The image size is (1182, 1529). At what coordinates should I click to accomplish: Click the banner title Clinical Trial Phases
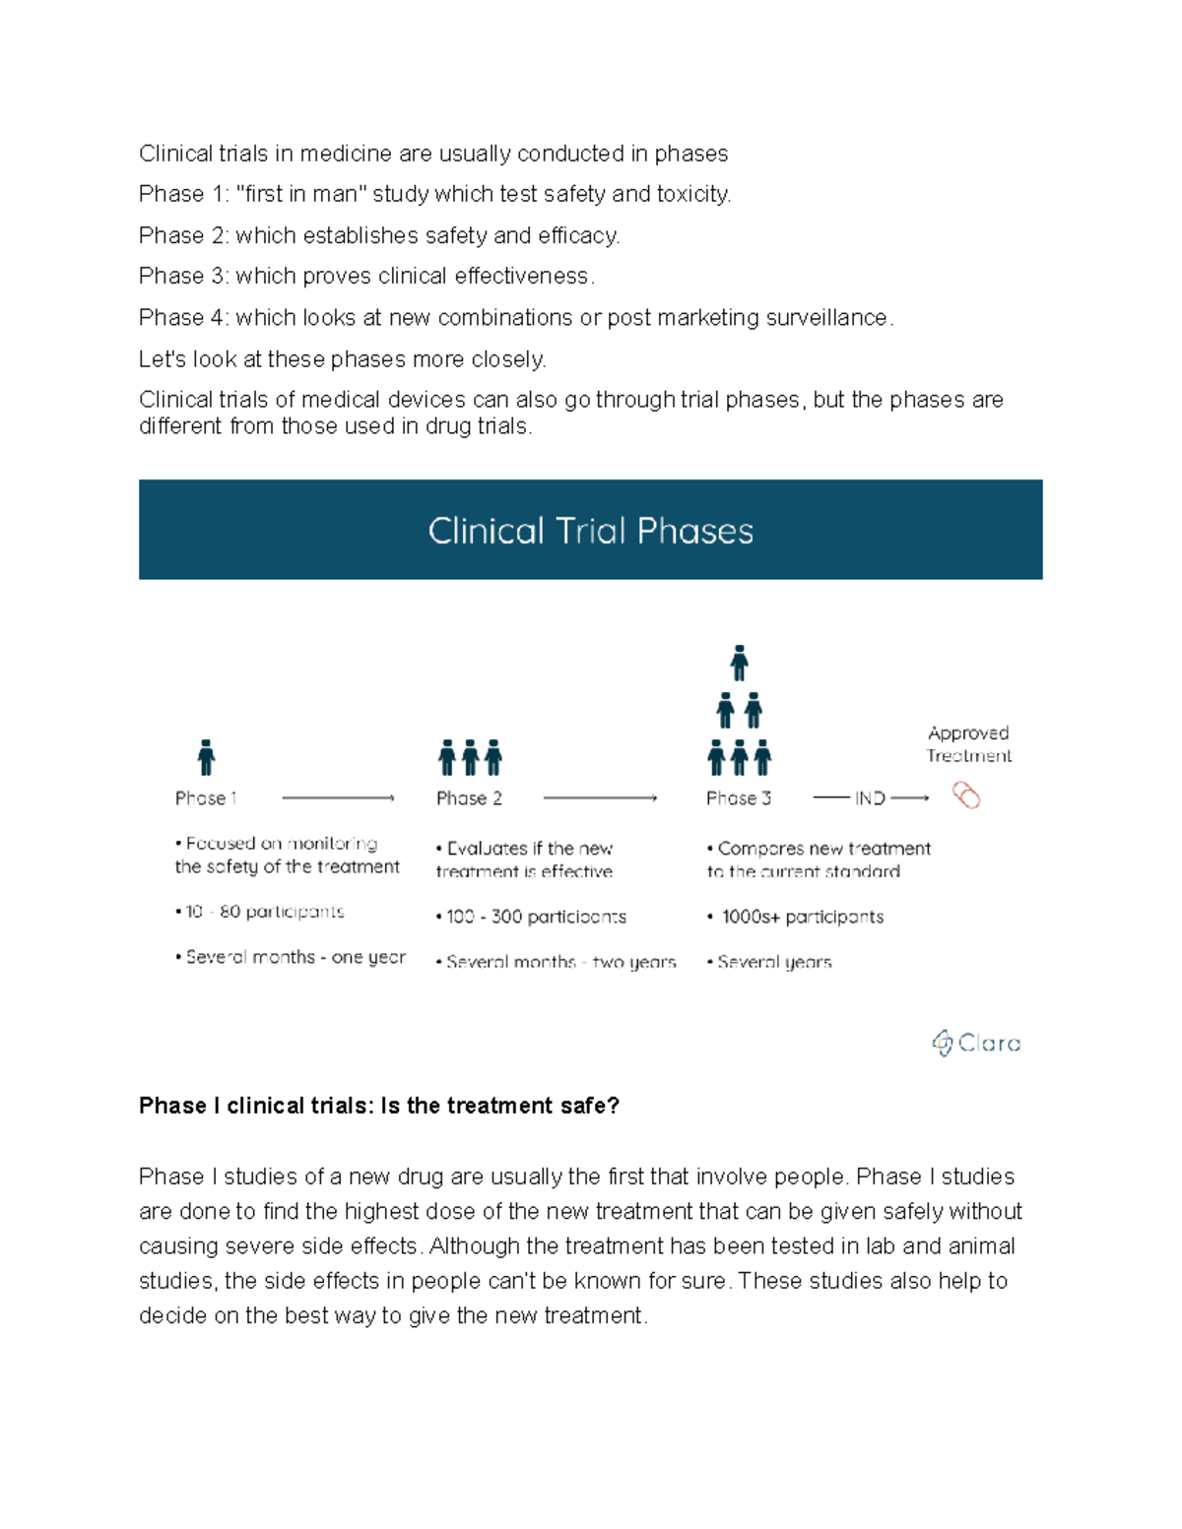(590, 531)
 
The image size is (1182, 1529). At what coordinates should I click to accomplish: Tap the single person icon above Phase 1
(206, 758)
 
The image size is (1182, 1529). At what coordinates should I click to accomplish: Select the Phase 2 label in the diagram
(469, 798)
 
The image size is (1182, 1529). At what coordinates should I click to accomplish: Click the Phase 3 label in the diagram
(739, 798)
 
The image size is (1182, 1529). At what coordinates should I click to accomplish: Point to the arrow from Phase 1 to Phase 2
(338, 798)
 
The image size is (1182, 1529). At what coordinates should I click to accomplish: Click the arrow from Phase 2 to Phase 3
(600, 798)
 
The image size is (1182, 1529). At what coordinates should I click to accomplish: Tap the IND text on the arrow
(870, 798)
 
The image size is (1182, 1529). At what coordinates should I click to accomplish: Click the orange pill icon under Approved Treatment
(966, 796)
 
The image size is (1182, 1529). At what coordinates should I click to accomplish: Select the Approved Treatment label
(969, 744)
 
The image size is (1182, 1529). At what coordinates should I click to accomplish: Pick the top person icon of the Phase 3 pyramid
(739, 664)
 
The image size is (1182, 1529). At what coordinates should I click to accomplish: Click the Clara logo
(976, 1043)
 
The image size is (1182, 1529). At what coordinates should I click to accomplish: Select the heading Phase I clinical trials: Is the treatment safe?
(379, 1106)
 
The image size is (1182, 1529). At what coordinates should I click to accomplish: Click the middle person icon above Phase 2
(470, 758)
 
